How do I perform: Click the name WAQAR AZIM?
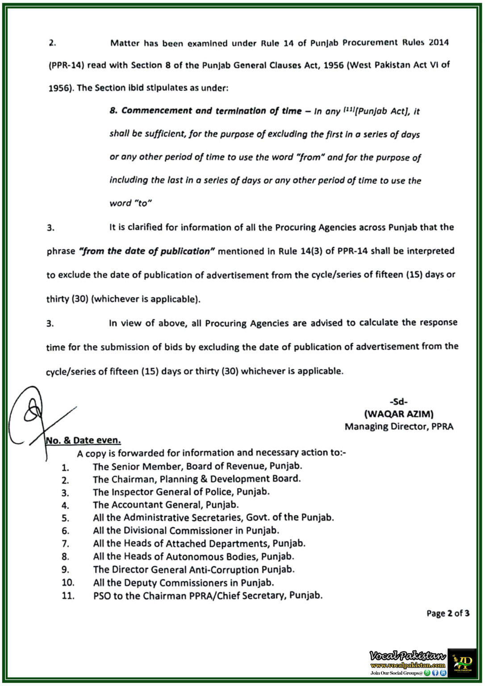click(398, 414)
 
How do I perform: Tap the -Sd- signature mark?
click(398, 402)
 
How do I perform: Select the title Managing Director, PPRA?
click(398, 427)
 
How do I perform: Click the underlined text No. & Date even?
click(84, 440)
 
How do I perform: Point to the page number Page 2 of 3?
click(447, 613)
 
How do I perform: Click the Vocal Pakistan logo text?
click(407, 656)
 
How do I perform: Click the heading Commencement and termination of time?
click(211, 111)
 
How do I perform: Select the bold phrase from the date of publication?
click(147, 251)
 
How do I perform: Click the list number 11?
click(68, 596)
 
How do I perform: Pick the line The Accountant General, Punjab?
click(166, 505)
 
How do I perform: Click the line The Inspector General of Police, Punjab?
click(181, 492)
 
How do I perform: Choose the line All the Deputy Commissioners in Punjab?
click(183, 583)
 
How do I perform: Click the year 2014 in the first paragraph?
click(439, 42)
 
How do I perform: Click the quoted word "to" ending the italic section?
click(143, 203)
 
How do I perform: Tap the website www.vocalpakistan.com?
click(407, 665)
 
